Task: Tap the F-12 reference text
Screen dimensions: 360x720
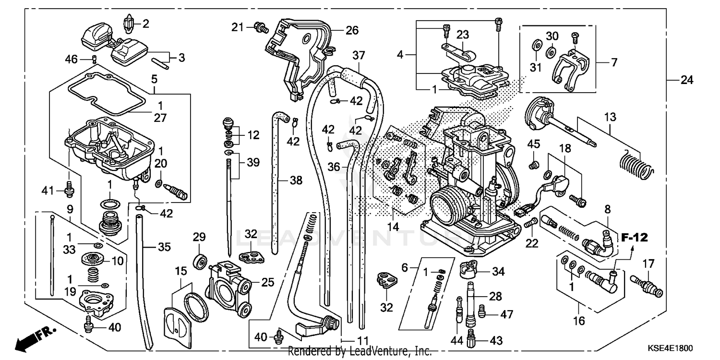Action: tap(635, 237)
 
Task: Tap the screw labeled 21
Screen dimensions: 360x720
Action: tap(260, 27)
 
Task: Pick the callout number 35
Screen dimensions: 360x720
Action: tap(164, 248)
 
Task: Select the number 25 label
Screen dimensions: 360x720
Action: tap(268, 283)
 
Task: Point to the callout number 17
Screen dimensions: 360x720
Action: tap(648, 264)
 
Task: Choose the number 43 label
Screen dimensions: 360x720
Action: tap(496, 340)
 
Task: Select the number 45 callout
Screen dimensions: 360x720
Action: tap(534, 144)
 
